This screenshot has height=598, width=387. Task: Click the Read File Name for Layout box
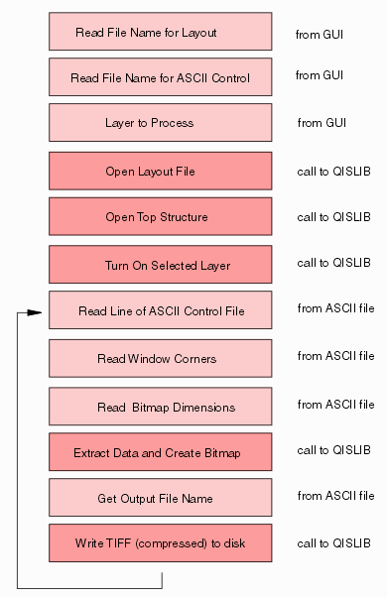tap(160, 32)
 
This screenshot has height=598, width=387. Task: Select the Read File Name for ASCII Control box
tap(160, 77)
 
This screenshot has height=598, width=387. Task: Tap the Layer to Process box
tap(160, 123)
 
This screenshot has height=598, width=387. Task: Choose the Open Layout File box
tap(160, 171)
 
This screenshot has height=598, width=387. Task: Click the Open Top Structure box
tap(160, 216)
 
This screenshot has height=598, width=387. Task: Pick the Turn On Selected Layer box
tap(160, 264)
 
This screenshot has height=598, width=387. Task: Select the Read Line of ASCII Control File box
tap(160, 310)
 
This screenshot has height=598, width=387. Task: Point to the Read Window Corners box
tap(160, 358)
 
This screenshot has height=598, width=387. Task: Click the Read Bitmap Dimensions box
tap(160, 407)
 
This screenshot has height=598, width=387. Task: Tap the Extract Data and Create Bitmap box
tap(160, 452)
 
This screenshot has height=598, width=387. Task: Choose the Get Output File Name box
tap(160, 498)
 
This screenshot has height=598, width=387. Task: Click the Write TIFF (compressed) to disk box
tap(160, 543)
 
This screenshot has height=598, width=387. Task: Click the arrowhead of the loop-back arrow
tap(36, 312)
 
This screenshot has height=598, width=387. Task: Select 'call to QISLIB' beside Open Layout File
tap(333, 171)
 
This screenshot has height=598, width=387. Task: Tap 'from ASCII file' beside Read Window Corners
tap(335, 356)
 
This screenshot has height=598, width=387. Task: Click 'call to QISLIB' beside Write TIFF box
tap(333, 543)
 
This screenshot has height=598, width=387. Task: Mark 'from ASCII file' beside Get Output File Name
tap(335, 496)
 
